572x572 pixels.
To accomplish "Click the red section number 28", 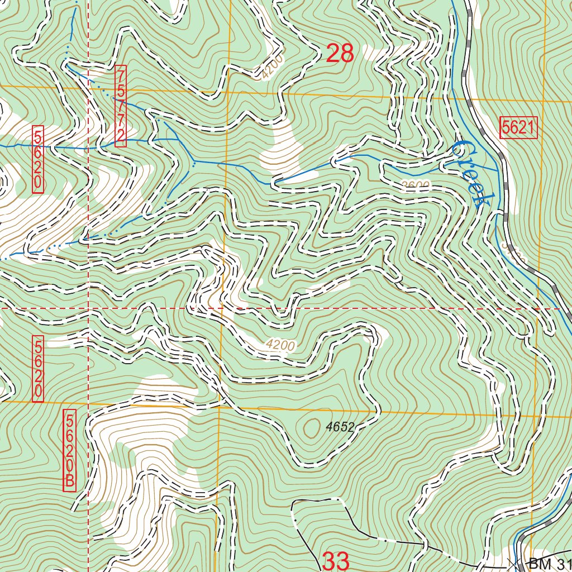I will tap(340, 54).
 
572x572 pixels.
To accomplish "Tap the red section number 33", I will tap(336, 561).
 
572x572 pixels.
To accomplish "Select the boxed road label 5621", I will tap(518, 128).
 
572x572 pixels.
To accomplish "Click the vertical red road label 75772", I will tap(121, 106).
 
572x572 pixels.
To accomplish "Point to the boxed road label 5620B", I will tap(70, 451).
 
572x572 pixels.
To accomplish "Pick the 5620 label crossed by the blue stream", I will tap(38, 159).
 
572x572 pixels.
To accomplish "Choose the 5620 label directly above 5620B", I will tap(38, 369).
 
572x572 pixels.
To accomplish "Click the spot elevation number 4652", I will tap(341, 427).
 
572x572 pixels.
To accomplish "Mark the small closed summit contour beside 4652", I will tap(309, 427).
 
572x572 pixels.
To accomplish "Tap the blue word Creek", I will tap(470, 173).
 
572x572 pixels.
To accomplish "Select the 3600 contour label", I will tap(414, 186).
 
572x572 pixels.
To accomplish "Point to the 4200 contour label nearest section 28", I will tap(272, 67).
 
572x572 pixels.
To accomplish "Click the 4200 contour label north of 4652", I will tap(280, 346).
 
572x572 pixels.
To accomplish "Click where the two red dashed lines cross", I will tap(88, 308).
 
